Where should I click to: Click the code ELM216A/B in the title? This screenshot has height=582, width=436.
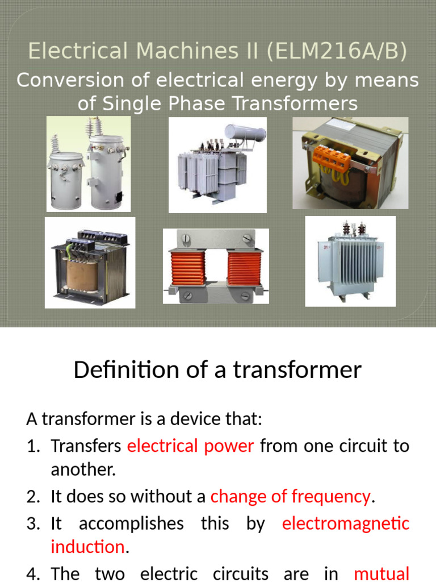click(336, 51)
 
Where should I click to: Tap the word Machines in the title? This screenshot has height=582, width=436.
click(187, 51)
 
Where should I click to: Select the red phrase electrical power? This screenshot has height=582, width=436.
click(191, 446)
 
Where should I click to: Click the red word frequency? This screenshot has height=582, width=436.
click(331, 496)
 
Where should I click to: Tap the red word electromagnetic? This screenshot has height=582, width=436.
click(346, 523)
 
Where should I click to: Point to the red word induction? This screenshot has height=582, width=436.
click(87, 547)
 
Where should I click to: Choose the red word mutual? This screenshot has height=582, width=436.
click(381, 573)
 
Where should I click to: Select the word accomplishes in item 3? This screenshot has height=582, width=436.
click(131, 523)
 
